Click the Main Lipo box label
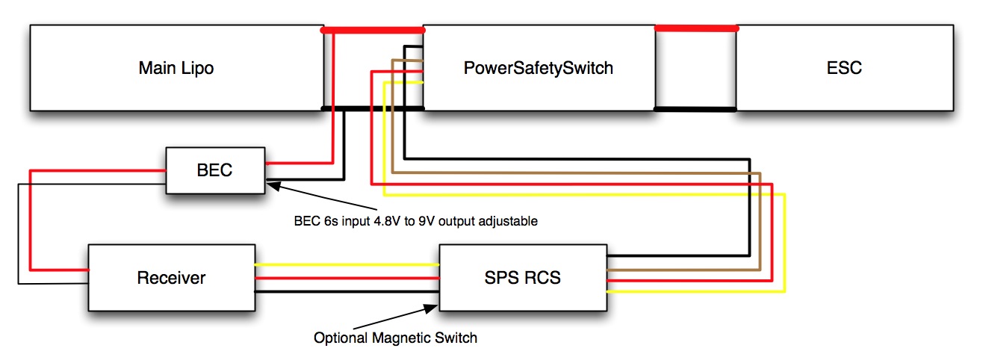tap(176, 68)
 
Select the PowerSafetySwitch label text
tap(538, 68)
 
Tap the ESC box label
tap(846, 68)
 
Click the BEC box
tap(215, 170)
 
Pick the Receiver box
tap(171, 278)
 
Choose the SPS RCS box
tap(522, 278)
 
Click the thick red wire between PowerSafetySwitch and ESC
tap(696, 28)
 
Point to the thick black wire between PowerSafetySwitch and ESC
tap(696, 109)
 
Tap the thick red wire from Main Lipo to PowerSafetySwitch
tap(373, 31)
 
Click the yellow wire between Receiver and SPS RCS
tap(347, 264)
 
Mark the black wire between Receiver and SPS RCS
tap(347, 292)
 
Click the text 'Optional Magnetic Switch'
tap(395, 338)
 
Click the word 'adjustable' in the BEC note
tap(512, 222)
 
